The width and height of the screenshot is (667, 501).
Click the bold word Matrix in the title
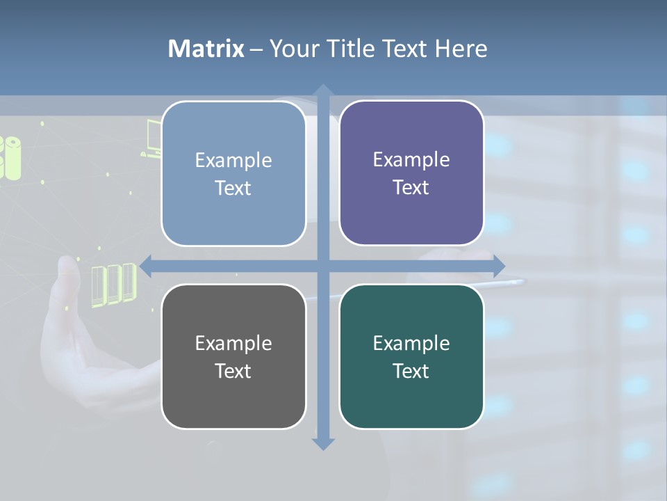[x=206, y=49]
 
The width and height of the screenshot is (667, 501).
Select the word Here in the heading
[x=461, y=49]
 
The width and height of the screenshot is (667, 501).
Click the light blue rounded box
[x=233, y=173]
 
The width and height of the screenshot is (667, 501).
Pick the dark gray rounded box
[x=233, y=356]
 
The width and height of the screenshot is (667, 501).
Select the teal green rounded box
[x=411, y=356]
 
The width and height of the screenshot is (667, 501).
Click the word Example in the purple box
[x=411, y=159]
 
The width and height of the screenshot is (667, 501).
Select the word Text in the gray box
[x=233, y=371]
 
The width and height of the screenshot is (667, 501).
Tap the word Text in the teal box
[x=411, y=371]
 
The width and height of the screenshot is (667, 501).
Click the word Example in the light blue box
[x=233, y=160]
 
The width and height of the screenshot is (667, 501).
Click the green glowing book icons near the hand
[x=113, y=283]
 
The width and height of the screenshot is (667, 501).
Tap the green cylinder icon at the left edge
[x=10, y=157]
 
